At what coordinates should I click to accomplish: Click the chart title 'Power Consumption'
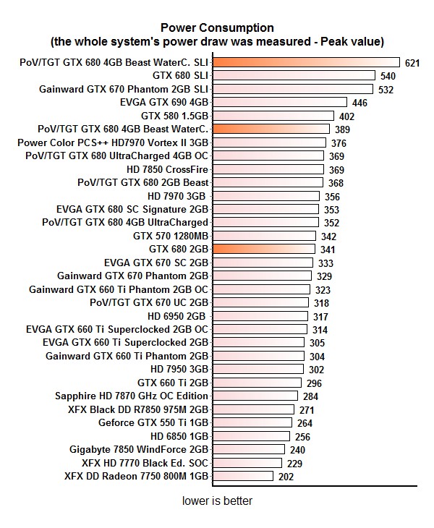point(217,27)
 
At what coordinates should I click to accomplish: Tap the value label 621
point(412,63)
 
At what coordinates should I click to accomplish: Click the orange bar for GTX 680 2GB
point(265,249)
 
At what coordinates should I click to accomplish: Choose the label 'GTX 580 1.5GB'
point(174,116)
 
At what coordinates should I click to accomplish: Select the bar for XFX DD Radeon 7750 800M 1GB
point(243,477)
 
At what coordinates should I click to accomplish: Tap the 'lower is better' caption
point(217,501)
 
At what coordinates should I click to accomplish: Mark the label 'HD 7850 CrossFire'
point(167,169)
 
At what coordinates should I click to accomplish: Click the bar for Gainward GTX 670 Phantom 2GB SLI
point(294,89)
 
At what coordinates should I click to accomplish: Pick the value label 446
point(359,103)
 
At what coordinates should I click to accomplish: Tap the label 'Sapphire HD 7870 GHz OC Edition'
point(132,396)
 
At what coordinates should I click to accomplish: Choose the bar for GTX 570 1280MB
point(265,236)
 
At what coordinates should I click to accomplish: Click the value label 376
point(339,143)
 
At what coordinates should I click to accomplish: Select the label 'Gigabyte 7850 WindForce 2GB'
point(139,450)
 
